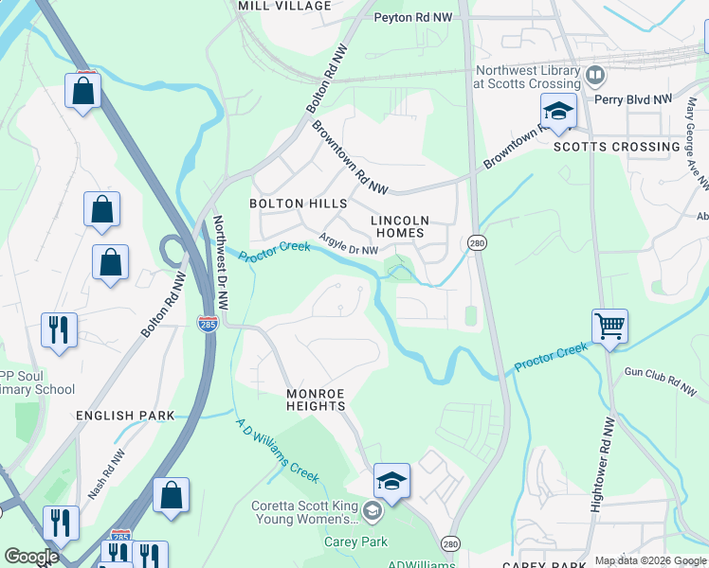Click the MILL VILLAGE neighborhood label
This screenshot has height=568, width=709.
pos(284,6)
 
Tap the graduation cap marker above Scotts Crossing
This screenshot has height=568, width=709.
pos(558,112)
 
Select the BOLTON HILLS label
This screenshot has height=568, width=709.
pos(298,204)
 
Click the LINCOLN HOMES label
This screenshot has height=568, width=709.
pos(401,226)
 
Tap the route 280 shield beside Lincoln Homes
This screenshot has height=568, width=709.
pos(476,243)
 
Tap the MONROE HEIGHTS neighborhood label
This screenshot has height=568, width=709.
pos(317,399)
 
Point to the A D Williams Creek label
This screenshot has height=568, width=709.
pos(277,450)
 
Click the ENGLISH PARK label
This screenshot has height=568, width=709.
pos(127,416)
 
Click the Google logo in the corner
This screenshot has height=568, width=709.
pos(31,557)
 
